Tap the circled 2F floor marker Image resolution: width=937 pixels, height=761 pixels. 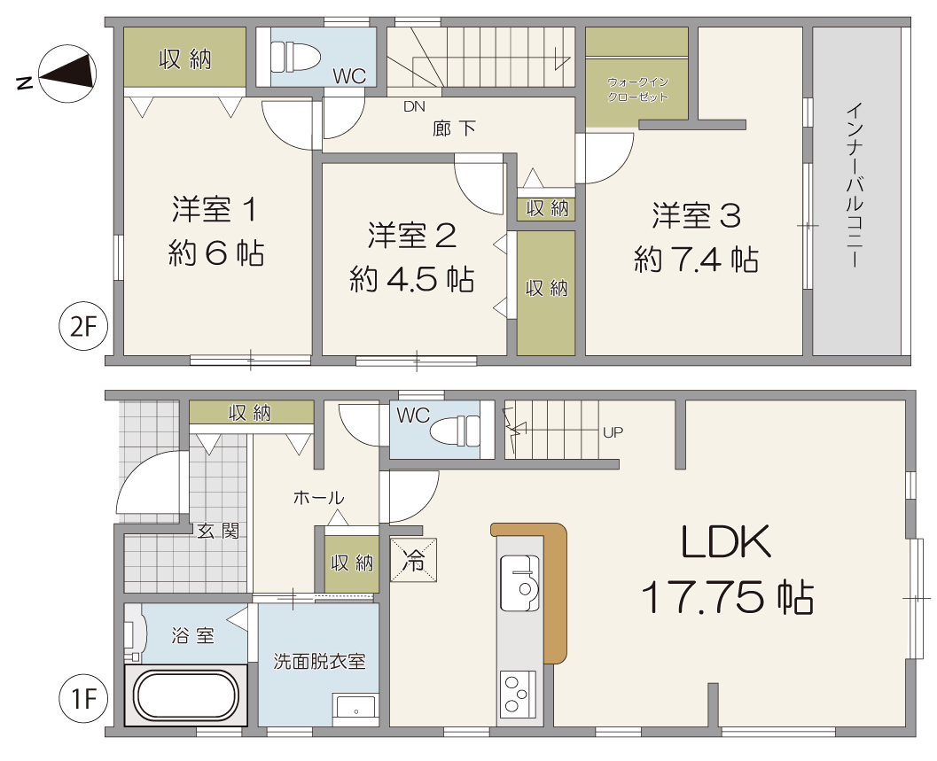82,329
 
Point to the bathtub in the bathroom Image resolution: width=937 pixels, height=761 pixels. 186,695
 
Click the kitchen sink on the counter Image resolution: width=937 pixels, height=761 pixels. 520,582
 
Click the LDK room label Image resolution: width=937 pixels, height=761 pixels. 727,543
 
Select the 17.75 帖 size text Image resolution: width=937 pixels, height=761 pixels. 727,599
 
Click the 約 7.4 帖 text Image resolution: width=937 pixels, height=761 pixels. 696,260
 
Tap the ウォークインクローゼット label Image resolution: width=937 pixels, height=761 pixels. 636,89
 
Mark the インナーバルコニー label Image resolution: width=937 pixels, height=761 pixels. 855,187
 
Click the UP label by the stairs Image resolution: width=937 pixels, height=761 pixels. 613,433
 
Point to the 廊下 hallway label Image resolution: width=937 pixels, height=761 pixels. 455,129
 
